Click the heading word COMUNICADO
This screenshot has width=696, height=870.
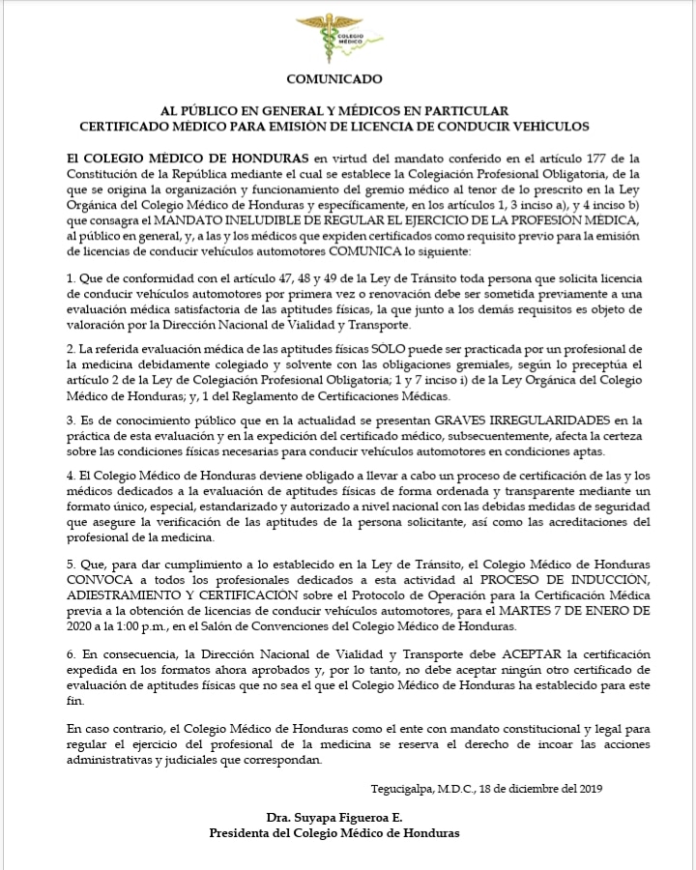point(334,79)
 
